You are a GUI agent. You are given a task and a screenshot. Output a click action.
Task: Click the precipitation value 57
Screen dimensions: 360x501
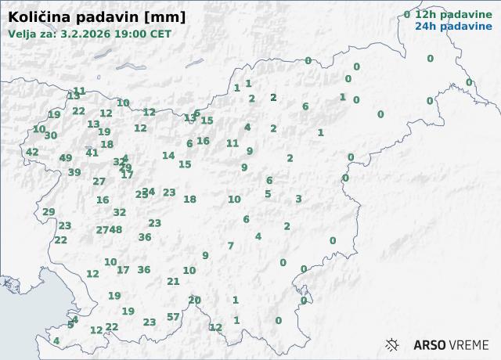(173, 317)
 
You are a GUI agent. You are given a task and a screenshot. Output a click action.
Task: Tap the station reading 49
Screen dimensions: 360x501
(66, 158)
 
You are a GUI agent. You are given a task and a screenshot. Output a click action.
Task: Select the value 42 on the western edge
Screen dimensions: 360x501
(32, 152)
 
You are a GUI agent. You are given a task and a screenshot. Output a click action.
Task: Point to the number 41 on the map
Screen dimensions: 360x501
(92, 153)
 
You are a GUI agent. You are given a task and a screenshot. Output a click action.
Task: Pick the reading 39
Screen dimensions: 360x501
(74, 172)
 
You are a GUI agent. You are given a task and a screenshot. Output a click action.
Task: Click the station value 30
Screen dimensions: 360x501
(51, 135)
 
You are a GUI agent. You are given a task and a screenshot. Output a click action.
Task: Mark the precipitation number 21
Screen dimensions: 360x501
(174, 282)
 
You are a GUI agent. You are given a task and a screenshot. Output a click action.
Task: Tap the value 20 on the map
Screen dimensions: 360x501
(195, 300)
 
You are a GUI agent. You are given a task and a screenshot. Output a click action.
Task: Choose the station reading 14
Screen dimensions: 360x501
(168, 156)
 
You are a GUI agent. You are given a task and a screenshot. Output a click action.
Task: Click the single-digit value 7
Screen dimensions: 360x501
(231, 246)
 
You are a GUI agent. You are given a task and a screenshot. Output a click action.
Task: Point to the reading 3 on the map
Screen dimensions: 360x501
(298, 199)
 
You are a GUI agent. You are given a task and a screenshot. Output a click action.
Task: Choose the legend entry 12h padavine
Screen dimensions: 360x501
(448, 14)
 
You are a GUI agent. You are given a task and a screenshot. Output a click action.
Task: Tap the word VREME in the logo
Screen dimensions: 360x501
(470, 344)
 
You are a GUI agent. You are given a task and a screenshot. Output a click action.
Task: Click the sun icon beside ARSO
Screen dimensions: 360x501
(393, 344)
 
